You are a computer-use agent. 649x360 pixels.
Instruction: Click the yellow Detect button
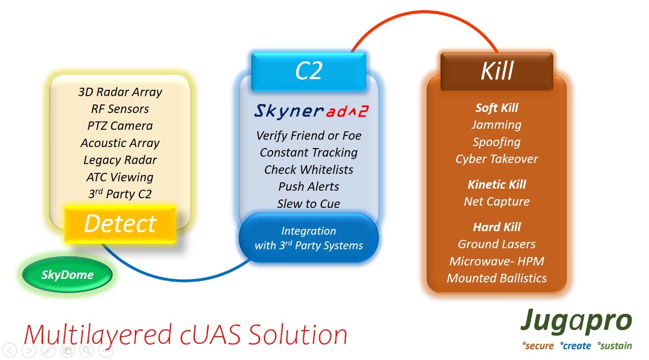120,224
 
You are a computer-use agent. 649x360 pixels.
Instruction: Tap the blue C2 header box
309,71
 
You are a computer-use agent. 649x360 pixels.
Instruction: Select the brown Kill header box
496,71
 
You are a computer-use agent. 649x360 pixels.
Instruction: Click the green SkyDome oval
67,274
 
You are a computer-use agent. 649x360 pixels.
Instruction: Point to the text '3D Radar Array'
120,92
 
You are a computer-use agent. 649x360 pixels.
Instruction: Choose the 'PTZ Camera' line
120,126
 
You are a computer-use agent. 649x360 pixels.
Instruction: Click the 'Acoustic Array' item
120,143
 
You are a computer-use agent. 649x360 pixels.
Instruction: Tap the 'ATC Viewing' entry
120,177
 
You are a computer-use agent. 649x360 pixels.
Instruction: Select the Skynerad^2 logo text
311,112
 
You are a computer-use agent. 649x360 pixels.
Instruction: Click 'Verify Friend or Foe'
309,136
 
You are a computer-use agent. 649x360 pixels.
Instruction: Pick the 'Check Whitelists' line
309,170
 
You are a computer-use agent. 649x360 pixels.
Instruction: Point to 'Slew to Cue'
309,204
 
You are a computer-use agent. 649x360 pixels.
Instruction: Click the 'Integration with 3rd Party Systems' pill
309,238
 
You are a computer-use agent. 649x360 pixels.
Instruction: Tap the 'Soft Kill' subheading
496,108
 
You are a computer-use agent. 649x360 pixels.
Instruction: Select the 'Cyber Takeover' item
496,159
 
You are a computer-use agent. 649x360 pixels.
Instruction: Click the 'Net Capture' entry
496,201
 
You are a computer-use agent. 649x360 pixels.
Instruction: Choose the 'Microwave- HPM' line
496,262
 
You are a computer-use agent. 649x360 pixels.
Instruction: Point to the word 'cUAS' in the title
210,334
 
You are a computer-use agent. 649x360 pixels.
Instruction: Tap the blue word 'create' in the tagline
575,345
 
